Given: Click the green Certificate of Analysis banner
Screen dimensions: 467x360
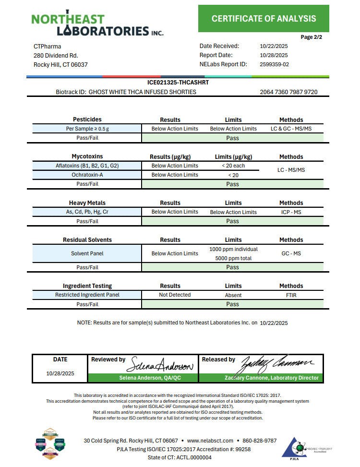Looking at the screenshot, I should tap(264, 19).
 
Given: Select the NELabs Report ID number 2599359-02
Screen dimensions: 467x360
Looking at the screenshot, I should tap(274, 64).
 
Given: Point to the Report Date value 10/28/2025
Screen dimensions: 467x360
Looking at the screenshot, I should tap(274, 55).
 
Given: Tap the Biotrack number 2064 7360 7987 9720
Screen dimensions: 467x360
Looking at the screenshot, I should tap(288, 92).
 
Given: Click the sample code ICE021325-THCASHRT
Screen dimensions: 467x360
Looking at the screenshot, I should tap(178, 83).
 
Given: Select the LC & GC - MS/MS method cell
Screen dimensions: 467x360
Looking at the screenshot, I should tap(291, 129).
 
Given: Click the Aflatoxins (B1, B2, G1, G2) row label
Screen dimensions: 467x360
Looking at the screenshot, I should tap(87, 166).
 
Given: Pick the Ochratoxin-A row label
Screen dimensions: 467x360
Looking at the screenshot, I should tap(87, 175).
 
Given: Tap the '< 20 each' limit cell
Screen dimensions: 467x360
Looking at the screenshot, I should tap(233, 166).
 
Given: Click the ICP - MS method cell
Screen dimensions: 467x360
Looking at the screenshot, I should tap(291, 212).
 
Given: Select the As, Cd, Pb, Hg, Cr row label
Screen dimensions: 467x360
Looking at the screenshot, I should tap(87, 212).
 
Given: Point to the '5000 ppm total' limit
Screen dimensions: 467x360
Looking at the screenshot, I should tap(233, 258).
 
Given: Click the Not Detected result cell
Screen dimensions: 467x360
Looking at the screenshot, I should tap(175, 295).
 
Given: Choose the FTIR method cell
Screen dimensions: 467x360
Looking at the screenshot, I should tap(291, 295).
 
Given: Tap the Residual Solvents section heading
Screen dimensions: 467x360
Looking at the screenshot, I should tap(87, 240).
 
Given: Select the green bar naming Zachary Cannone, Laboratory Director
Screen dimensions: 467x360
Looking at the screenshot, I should tap(271, 378).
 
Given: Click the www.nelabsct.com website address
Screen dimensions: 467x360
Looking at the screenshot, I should tap(210, 441).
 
